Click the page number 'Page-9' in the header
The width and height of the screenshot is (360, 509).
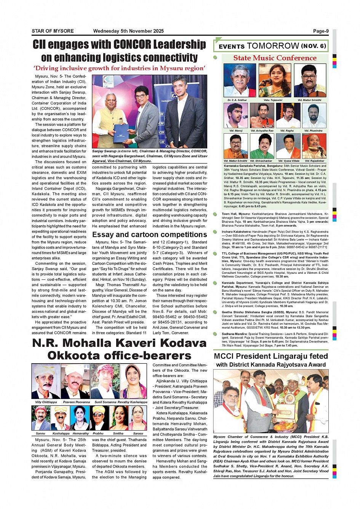[x=321, y=31]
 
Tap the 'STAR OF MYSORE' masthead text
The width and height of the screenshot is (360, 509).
[x=53, y=31]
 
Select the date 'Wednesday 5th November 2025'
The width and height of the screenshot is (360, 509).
[x=128, y=31]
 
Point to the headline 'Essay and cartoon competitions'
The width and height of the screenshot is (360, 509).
[x=149, y=235]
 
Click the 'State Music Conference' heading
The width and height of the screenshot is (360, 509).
[x=275, y=58]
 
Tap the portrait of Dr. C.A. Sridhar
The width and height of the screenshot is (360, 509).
[x=240, y=81]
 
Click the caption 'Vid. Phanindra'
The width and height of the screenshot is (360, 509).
[x=313, y=131]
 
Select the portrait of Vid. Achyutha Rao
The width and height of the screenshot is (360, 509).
[x=262, y=115]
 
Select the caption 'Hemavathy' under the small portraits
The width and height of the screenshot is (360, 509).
[x=80, y=433]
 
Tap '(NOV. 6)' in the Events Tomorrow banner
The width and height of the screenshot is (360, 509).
[x=313, y=46]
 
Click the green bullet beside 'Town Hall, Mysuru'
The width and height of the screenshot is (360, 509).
[x=215, y=214]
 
